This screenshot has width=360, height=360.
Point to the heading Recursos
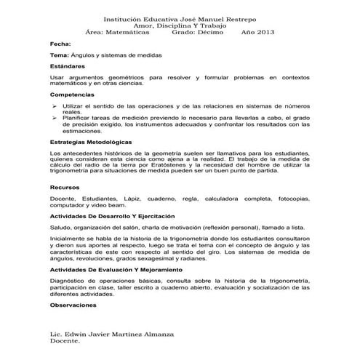[63, 187]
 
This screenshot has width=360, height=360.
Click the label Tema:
[59, 55]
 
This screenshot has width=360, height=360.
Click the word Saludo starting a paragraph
[60, 228]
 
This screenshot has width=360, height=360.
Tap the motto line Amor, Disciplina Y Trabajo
[180, 24]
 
